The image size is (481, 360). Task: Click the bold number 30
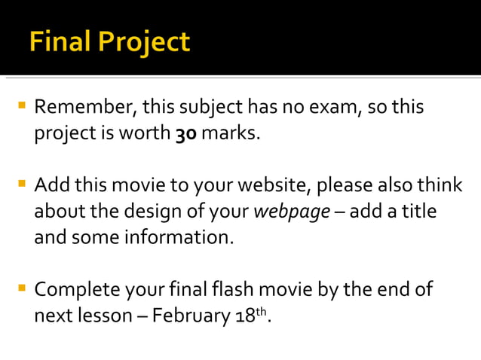(x=186, y=135)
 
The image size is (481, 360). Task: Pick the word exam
(x=329, y=108)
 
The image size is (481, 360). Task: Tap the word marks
(x=233, y=135)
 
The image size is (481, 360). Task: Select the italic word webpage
(x=290, y=212)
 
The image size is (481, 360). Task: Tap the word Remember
(x=84, y=108)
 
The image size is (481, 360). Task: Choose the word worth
(x=147, y=135)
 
